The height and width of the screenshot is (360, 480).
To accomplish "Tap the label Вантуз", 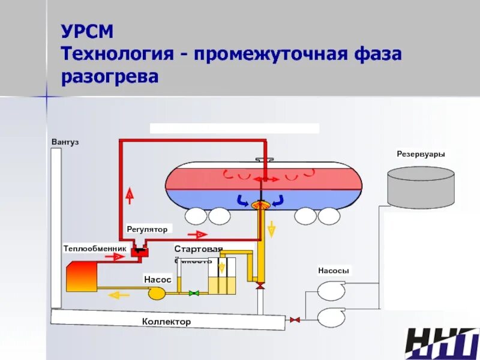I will pos(65,142).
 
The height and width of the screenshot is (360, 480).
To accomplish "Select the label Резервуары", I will pos(421,154).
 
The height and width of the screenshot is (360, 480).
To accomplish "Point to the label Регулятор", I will pos(147,229).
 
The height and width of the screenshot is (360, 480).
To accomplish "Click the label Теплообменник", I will pos(95,248).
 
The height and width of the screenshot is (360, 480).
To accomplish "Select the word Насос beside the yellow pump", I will pos(158,280).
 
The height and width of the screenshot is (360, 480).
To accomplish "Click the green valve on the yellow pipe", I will pos(194,293).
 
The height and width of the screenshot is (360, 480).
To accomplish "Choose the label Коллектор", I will pos(166,322).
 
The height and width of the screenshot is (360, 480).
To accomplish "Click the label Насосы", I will pos(334,271).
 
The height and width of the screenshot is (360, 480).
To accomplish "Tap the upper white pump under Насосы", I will pos(331,290).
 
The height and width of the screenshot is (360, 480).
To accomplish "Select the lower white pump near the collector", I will pos(331,317).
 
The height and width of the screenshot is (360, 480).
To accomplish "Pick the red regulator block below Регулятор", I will pos(140,251).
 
